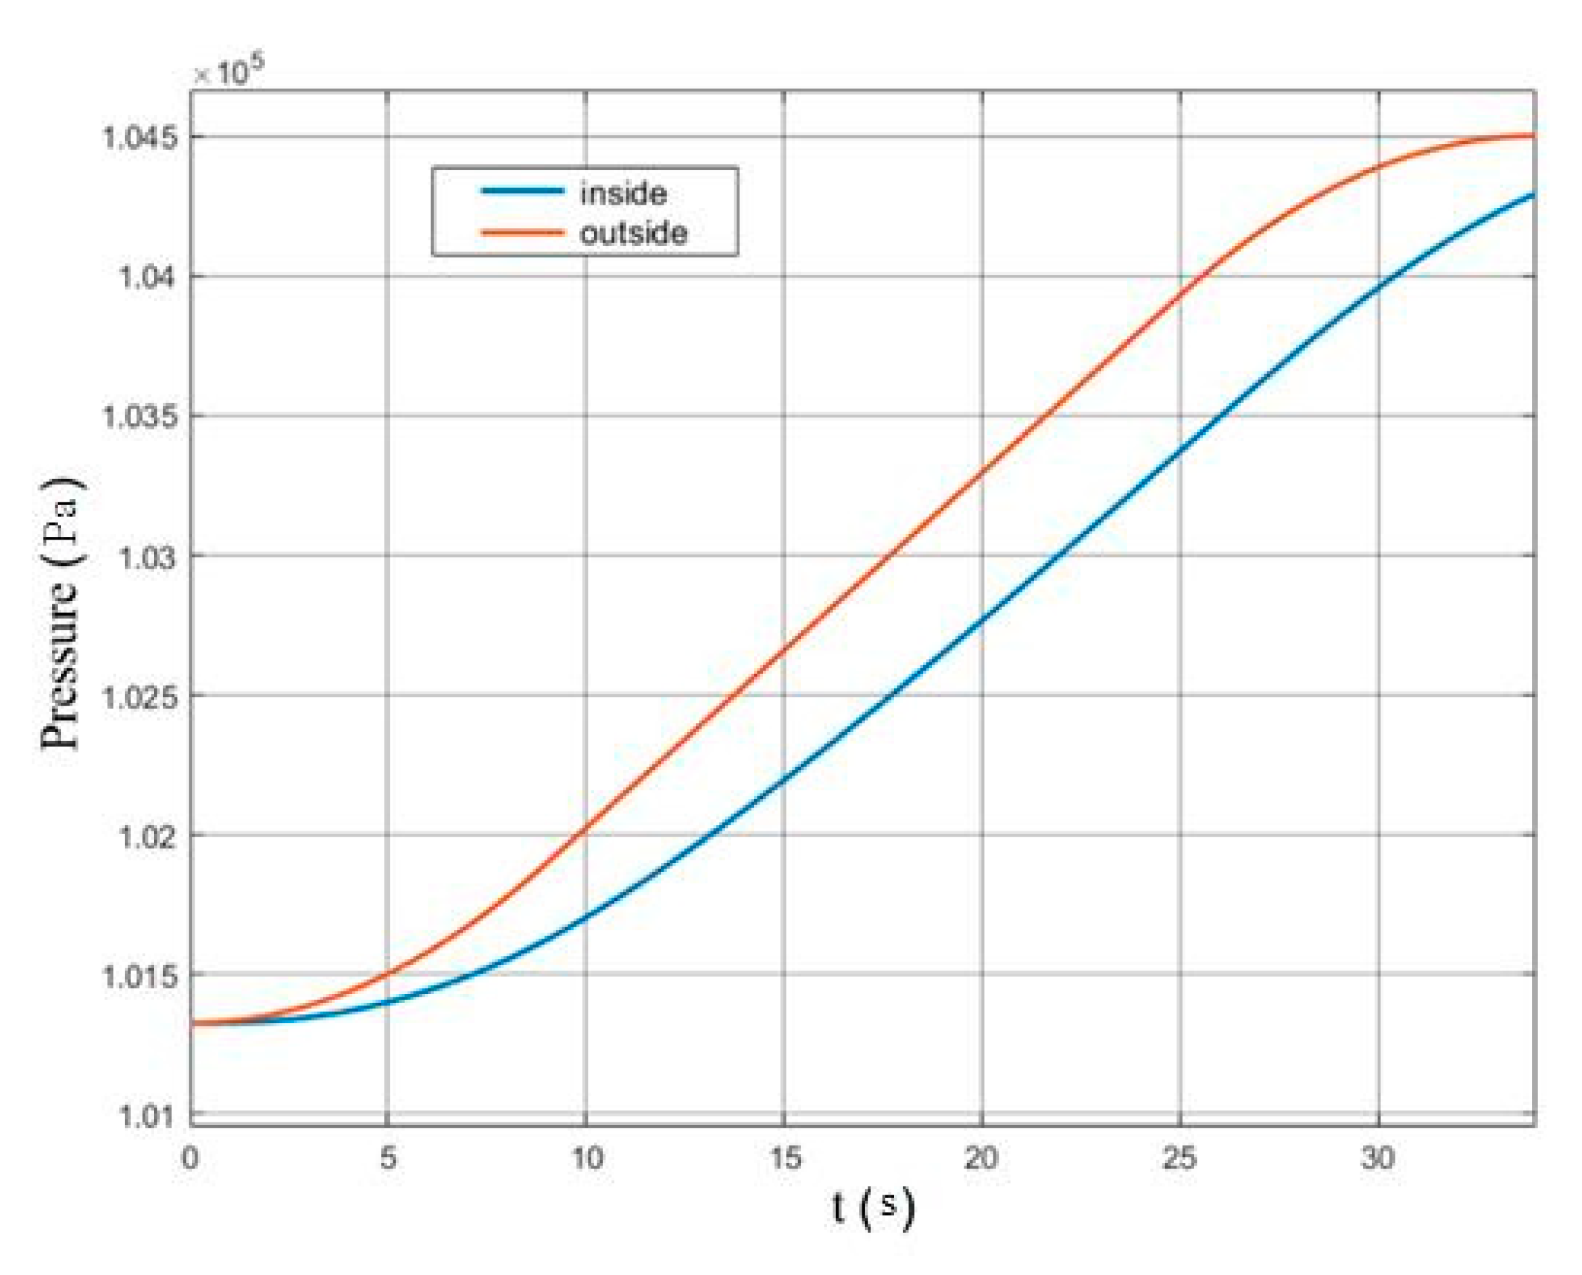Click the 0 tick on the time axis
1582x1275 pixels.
point(191,1158)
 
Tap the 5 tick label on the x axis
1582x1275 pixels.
point(388,1158)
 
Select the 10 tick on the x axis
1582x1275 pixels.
point(587,1158)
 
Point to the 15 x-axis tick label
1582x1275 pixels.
point(784,1158)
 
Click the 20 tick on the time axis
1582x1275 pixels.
point(982,1158)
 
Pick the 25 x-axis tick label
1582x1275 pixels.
point(1180,1158)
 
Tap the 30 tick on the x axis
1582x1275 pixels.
point(1378,1158)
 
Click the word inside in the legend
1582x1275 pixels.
point(623,194)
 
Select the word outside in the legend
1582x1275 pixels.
point(633,234)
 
